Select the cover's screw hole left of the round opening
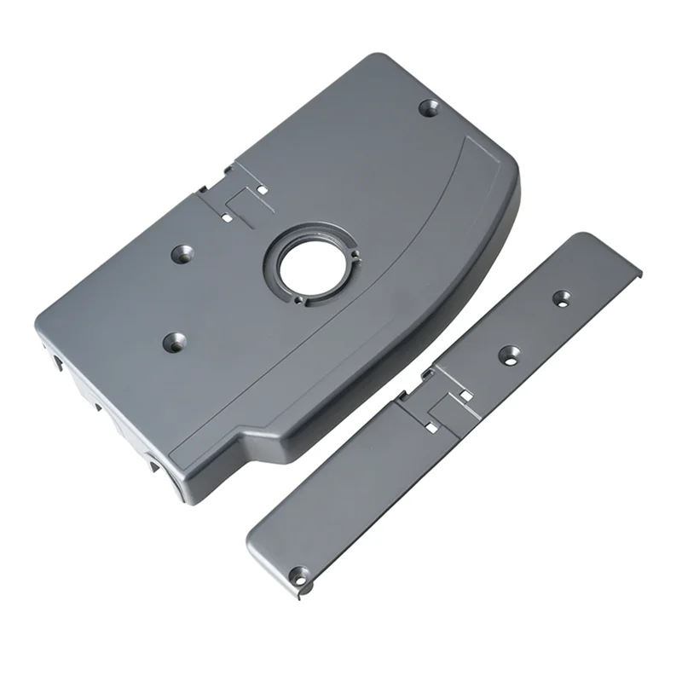click(x=182, y=253)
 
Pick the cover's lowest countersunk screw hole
click(x=174, y=343)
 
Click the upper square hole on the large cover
click(x=263, y=188)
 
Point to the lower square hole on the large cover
click(x=227, y=217)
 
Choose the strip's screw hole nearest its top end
click(x=561, y=298)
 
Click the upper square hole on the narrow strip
click(x=465, y=395)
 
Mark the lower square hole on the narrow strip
click(x=432, y=427)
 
